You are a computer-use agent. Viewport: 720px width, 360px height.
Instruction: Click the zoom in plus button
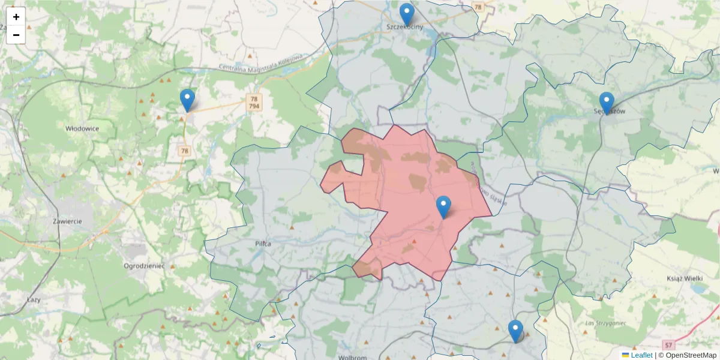click(16, 17)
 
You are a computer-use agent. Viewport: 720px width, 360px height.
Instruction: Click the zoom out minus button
click(16, 35)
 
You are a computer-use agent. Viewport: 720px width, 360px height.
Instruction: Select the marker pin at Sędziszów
click(607, 103)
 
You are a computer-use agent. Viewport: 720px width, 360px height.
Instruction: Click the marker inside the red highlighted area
click(443, 207)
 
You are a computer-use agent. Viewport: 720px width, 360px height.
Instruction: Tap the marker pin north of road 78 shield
click(187, 100)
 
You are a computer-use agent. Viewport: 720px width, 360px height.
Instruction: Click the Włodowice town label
click(82, 128)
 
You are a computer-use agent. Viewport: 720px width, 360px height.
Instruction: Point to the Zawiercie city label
click(67, 221)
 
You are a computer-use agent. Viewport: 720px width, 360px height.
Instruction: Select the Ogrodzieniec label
click(143, 265)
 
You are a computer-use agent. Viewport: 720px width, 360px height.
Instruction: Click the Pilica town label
click(263, 244)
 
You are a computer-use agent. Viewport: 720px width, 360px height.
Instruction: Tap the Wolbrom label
click(352, 357)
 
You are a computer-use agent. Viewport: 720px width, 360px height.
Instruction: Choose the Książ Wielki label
click(684, 278)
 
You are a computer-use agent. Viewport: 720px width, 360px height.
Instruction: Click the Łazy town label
click(34, 298)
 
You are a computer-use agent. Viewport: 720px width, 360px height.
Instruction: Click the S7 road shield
click(669, 346)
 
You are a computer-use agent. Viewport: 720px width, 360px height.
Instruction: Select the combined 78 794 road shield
click(254, 103)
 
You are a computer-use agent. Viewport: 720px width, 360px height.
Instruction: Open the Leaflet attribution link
click(641, 355)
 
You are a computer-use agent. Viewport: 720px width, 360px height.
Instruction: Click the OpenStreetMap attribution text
click(691, 355)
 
